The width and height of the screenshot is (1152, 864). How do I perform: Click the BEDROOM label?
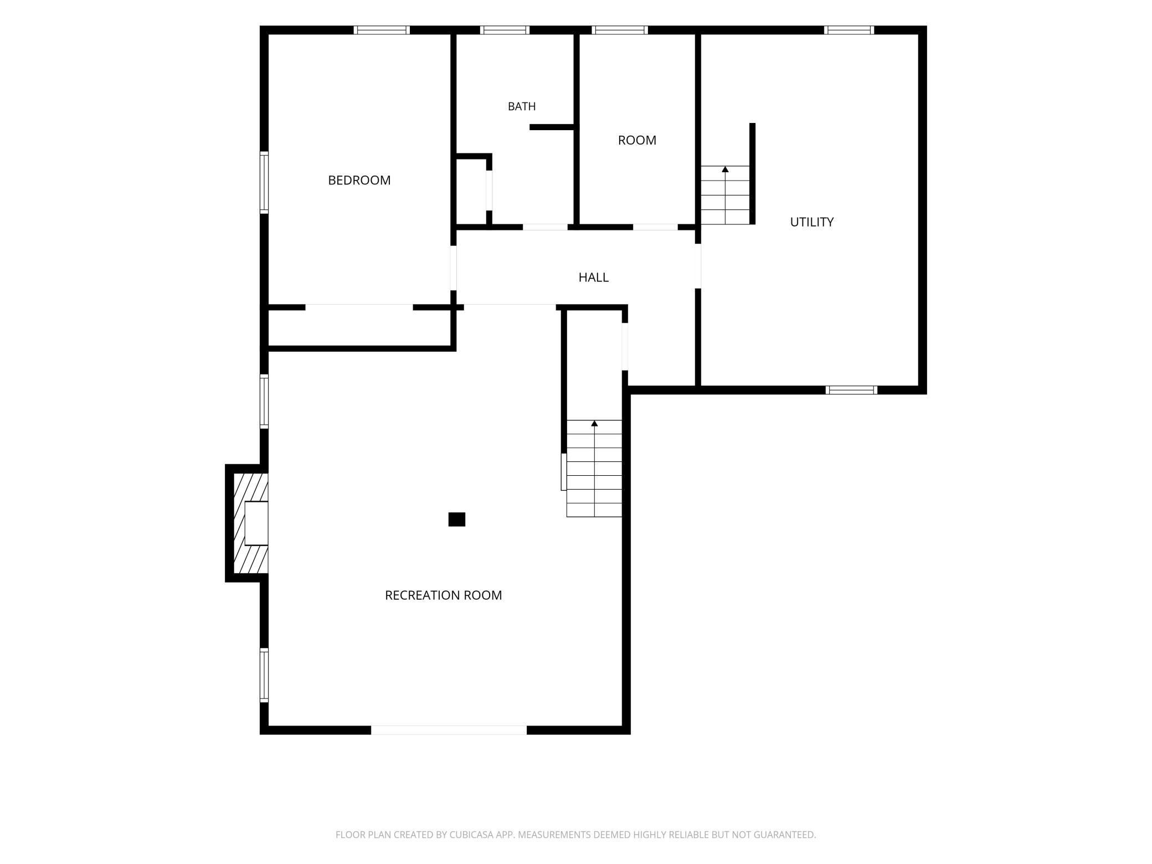[x=359, y=180]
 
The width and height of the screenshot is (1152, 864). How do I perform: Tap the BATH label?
[x=522, y=106]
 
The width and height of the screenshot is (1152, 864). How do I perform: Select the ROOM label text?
[x=637, y=140]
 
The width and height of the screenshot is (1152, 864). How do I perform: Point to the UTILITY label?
[x=811, y=222]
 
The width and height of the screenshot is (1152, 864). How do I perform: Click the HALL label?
[x=593, y=277]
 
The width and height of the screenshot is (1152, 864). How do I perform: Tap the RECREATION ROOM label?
[x=443, y=595]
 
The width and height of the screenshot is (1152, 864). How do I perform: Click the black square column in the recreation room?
[x=456, y=520]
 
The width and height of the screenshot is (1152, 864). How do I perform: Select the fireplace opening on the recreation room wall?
[x=256, y=523]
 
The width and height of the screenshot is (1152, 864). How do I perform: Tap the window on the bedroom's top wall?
[x=382, y=30]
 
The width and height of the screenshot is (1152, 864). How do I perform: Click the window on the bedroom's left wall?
[x=264, y=182]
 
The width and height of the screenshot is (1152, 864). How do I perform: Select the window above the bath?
[x=505, y=30]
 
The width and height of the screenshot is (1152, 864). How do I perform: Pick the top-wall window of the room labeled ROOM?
[x=619, y=30]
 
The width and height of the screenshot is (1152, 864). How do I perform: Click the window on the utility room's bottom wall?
[x=851, y=390]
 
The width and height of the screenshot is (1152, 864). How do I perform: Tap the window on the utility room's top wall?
[x=848, y=30]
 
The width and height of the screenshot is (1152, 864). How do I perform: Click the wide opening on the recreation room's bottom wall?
[x=449, y=730]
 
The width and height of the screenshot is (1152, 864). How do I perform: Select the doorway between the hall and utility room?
[x=698, y=266]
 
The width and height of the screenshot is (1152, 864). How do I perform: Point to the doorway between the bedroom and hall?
[x=453, y=268]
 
